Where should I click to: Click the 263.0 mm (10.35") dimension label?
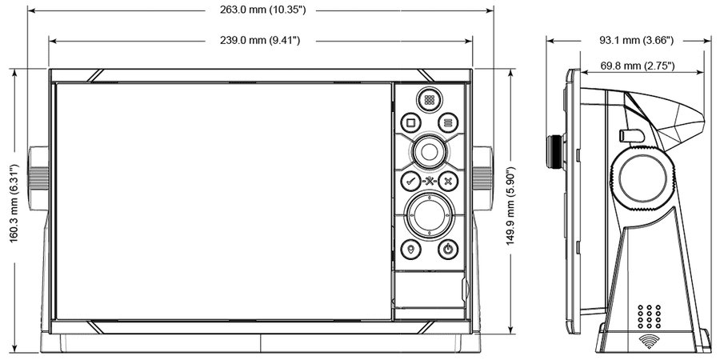coord(262,10)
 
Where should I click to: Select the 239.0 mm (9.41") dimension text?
coord(260,41)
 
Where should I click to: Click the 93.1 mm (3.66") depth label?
coord(636,41)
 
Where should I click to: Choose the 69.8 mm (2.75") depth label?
coord(638,66)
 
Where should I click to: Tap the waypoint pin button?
coord(410,250)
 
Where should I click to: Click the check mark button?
coord(410,181)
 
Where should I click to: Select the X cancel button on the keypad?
coord(448,181)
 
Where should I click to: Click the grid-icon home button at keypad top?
coord(430,100)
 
